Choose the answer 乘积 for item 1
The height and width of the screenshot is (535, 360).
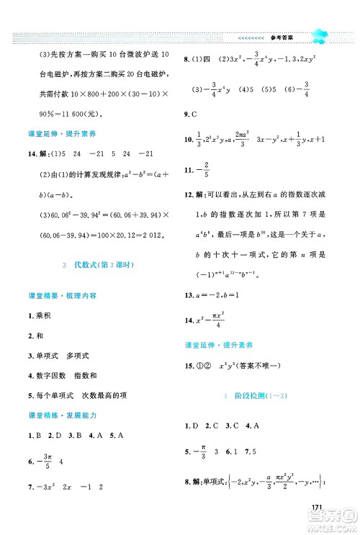pyautogui.click(x=40, y=315)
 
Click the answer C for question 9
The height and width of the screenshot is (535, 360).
pyautogui.click(x=194, y=114)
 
